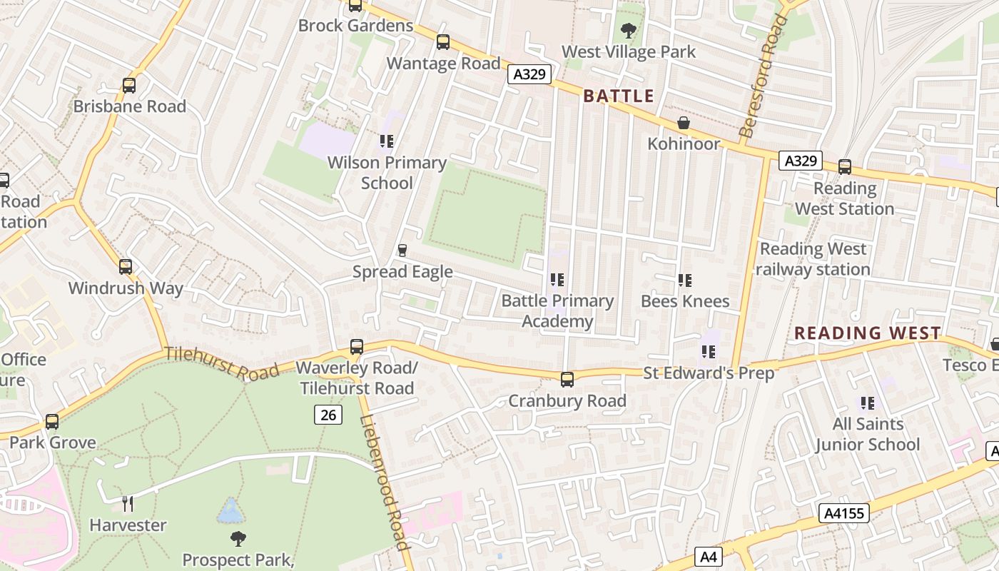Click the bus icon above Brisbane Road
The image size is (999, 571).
[129, 86]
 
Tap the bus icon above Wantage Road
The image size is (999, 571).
[443, 42]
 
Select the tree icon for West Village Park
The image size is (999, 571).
[629, 31]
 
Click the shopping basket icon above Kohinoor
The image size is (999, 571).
[684, 123]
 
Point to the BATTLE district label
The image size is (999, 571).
[619, 96]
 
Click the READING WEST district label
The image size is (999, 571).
[868, 333]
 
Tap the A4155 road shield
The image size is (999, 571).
[845, 512]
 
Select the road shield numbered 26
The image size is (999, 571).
[328, 414]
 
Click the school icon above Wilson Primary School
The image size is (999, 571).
[387, 141]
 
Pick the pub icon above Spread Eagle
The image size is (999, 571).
[402, 251]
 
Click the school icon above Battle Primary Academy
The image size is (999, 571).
[557, 280]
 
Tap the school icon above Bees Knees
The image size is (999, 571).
[685, 281]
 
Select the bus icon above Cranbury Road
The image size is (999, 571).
[567, 380]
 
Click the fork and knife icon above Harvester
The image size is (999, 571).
[128, 504]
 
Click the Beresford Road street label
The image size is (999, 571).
[764, 75]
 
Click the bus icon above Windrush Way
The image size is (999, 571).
[126, 268]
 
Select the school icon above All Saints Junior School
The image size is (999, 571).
[868, 403]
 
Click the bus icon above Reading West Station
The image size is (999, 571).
[845, 167]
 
